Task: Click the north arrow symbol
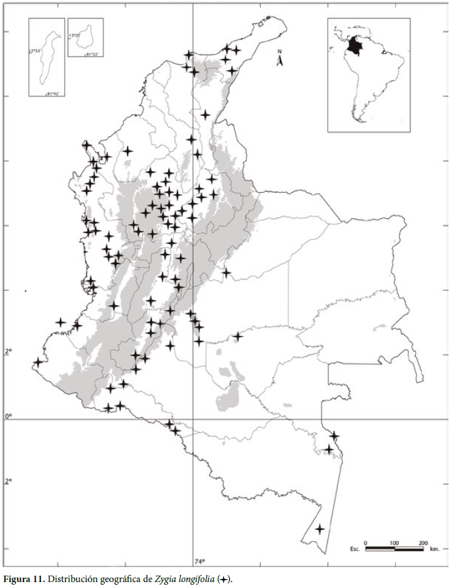pos(279,61)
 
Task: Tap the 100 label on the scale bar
pos(394,542)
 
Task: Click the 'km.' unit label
pos(435,550)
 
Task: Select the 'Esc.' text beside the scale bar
pos(355,550)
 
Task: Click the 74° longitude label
pos(199,561)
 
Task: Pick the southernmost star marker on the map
pos(320,529)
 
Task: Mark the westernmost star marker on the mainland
pos(38,362)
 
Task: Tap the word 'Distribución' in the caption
pos(69,578)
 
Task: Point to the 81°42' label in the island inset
pos(52,95)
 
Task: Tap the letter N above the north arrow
pos(279,51)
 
